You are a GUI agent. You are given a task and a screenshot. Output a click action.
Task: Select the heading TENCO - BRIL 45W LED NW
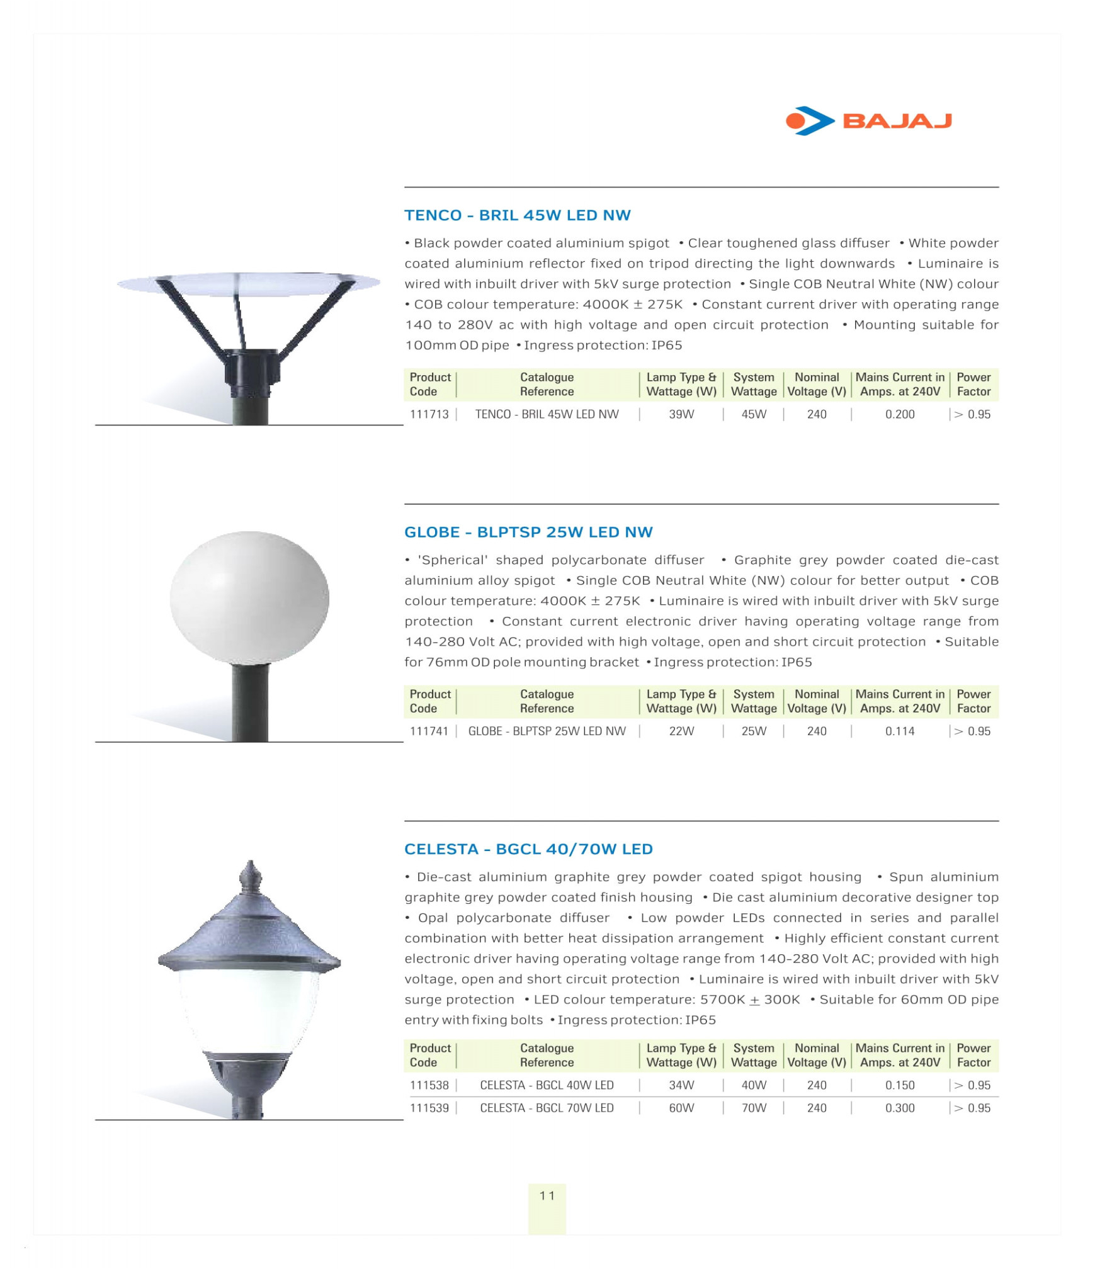[x=517, y=215]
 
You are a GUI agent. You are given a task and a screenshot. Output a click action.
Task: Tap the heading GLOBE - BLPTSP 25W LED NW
[x=528, y=532]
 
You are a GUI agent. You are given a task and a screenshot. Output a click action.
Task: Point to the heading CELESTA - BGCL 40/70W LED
[x=528, y=849]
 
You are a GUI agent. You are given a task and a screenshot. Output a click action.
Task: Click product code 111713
[x=429, y=414]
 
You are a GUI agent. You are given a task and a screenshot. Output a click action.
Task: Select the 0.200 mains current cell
[x=899, y=414]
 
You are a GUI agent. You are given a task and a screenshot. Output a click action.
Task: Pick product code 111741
[x=429, y=731]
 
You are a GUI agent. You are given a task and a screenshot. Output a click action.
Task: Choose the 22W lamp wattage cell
[x=681, y=731]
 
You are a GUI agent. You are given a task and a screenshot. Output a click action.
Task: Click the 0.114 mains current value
[x=899, y=731]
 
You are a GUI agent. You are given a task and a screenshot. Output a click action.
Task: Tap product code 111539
[x=429, y=1108]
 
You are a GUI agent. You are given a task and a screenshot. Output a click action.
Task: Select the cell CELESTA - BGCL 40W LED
[x=546, y=1085]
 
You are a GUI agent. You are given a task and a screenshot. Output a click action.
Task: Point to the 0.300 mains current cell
[x=899, y=1108]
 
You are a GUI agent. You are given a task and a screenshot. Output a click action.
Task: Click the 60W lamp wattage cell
[x=681, y=1108]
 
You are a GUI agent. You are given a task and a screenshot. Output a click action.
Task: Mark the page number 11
[x=547, y=1195]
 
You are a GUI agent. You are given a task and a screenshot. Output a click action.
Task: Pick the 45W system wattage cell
[x=753, y=414]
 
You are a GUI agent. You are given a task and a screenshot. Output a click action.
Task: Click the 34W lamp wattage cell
[x=681, y=1085]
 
